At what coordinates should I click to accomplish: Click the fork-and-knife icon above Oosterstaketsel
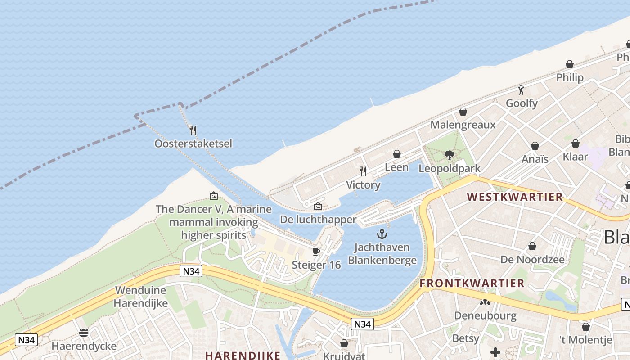pos(193,130)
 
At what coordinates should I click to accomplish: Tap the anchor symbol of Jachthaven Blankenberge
pos(382,234)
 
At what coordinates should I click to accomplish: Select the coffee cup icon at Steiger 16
pos(316,252)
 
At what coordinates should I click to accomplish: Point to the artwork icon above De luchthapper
pos(318,207)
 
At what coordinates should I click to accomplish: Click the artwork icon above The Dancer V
pos(214,196)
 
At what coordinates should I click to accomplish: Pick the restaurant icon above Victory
pos(363,171)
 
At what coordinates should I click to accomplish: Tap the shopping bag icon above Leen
pos(397,154)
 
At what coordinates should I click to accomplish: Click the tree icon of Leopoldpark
pos(449,155)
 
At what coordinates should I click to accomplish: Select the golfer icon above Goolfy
pos(522,90)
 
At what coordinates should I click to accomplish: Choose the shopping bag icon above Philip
pos(570,64)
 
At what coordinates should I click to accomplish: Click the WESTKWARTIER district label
pos(515,197)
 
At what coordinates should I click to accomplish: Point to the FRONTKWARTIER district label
pos(472,283)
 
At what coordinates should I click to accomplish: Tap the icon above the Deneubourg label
pos(485,302)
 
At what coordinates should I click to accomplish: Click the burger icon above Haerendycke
pos(84,333)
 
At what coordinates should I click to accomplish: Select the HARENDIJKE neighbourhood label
pos(243,355)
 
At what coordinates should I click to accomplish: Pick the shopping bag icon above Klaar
pos(576,144)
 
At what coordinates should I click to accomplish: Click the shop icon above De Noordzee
pos(532,246)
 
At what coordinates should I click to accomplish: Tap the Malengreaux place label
pos(463,125)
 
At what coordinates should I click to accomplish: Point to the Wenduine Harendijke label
pos(140,297)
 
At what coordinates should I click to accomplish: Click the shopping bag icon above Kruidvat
pos(344,343)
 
